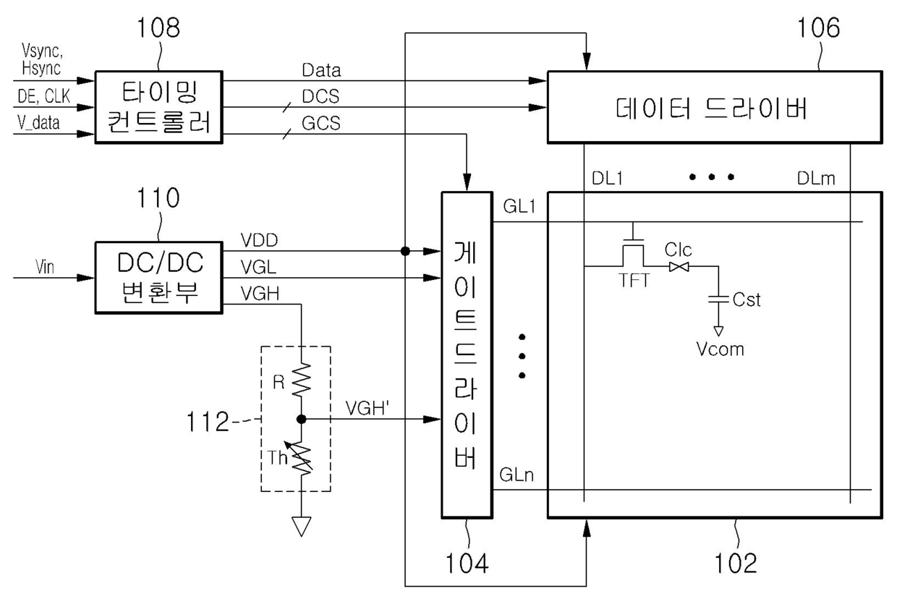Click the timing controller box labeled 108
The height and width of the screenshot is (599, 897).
[x=158, y=107]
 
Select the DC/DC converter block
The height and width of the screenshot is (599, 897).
[x=158, y=278]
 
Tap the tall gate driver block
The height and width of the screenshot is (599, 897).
[x=467, y=354]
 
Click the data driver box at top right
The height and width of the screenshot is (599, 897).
[x=715, y=107]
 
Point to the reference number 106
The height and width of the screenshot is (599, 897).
[x=818, y=27]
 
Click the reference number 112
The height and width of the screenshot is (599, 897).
[x=208, y=422]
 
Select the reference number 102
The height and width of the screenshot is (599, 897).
[x=736, y=564]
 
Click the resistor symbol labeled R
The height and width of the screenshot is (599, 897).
[x=302, y=380]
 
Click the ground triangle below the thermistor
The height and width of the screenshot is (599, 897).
[x=301, y=526]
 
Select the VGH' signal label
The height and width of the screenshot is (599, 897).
[x=367, y=409]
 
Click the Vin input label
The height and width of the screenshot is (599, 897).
[x=44, y=267]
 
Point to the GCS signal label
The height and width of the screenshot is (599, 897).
[x=321, y=123]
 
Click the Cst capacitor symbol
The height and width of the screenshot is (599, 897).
[x=718, y=299]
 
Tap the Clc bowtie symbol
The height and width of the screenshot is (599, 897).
[x=679, y=267]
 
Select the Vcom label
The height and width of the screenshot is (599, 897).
[x=720, y=349]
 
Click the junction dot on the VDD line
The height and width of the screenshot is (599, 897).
[x=405, y=251]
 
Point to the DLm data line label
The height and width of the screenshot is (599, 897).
[x=816, y=179]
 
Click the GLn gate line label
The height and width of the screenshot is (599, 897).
[x=516, y=475]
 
